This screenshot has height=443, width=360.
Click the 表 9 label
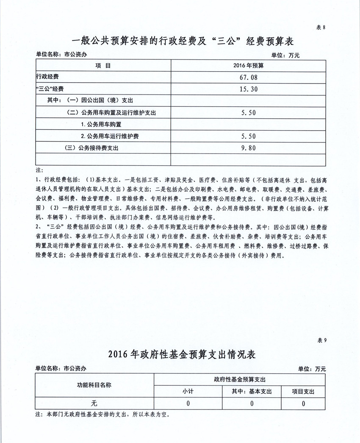click(x=322, y=340)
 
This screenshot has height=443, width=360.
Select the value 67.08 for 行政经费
click(x=248, y=78)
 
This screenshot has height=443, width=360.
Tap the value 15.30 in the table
click(x=248, y=89)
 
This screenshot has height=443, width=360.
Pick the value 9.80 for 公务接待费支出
click(x=248, y=148)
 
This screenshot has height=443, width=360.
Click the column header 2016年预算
click(x=248, y=66)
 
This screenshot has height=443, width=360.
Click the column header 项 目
click(x=103, y=66)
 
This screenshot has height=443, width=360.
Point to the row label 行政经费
click(x=47, y=77)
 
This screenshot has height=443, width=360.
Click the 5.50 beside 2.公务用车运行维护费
click(x=248, y=136)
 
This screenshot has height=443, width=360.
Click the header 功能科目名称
click(x=94, y=385)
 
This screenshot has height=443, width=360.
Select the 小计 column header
click(x=188, y=392)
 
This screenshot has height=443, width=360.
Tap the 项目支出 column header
click(x=303, y=392)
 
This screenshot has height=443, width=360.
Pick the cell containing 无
click(x=94, y=404)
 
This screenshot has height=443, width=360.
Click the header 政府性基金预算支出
click(x=240, y=379)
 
